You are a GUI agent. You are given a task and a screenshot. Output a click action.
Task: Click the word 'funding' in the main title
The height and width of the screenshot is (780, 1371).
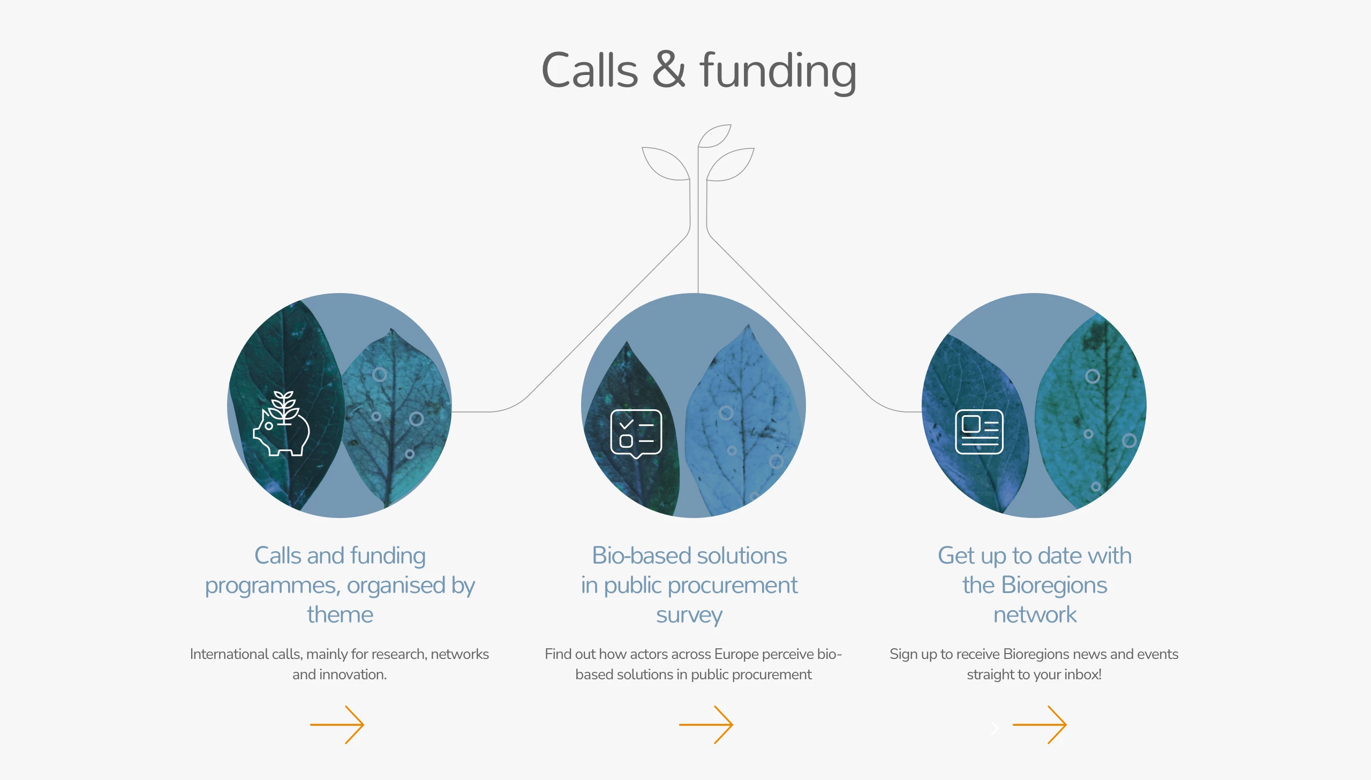[x=778, y=72]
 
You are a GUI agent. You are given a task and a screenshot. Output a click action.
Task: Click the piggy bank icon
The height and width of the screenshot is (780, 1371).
[x=282, y=424]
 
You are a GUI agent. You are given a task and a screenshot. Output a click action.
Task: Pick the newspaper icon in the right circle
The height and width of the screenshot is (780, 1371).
[x=980, y=432]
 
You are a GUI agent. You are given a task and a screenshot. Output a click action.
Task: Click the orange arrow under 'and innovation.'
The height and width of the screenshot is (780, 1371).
[x=337, y=725]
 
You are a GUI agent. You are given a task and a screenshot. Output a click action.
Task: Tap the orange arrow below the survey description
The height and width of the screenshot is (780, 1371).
[x=706, y=725]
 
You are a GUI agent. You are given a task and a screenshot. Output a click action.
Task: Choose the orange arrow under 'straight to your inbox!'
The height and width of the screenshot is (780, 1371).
[x=1039, y=725]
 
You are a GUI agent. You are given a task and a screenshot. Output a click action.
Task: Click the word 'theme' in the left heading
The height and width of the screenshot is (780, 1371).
[x=340, y=615]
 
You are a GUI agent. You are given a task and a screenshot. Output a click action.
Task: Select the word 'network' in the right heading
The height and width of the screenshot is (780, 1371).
[x=1035, y=615]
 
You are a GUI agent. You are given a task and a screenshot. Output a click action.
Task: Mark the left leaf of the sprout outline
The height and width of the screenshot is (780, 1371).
[x=666, y=163]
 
